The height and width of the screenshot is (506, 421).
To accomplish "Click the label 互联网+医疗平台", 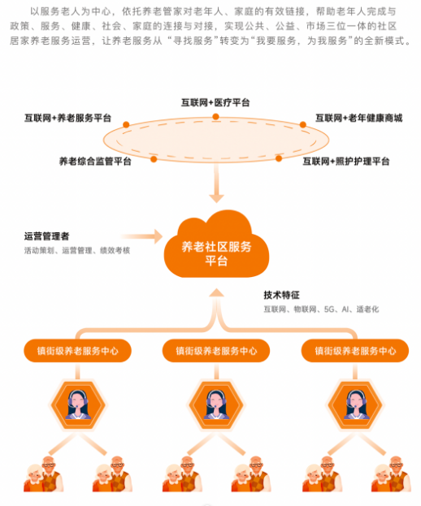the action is pyautogui.click(x=215, y=102).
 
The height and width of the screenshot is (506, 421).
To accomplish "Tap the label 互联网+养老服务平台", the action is pyautogui.click(x=67, y=118).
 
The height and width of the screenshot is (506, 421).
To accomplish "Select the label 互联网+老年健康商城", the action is pyautogui.click(x=358, y=118).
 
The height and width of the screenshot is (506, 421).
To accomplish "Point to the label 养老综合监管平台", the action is pyautogui.click(x=95, y=161).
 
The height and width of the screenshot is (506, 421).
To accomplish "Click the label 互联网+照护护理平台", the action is pyautogui.click(x=345, y=161).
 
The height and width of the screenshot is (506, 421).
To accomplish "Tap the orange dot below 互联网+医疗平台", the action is pyautogui.click(x=215, y=117).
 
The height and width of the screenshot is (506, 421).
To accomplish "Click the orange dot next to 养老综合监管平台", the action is pyautogui.click(x=154, y=159).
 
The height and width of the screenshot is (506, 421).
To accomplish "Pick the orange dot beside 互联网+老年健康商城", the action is pyautogui.click(x=303, y=124).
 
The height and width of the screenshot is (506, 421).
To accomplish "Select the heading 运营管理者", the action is pyautogui.click(x=47, y=236).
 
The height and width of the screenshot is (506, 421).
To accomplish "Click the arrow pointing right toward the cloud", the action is pyautogui.click(x=142, y=236).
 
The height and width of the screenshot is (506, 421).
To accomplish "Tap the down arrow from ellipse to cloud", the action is pyautogui.click(x=216, y=183).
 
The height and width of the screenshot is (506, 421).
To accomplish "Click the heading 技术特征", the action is pyautogui.click(x=281, y=295).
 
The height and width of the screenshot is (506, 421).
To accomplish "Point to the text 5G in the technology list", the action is pyautogui.click(x=329, y=309).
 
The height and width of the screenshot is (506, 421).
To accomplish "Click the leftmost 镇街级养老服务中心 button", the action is pyautogui.click(x=77, y=350).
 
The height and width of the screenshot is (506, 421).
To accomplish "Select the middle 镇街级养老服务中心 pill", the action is pyautogui.click(x=216, y=350).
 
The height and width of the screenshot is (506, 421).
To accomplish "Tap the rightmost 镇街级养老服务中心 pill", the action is pyautogui.click(x=355, y=350).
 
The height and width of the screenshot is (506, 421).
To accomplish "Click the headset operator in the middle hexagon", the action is pyautogui.click(x=216, y=405).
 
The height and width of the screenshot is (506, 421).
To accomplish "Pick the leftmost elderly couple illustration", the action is pyautogui.click(x=43, y=474).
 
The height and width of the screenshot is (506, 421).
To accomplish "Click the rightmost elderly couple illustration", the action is pyautogui.click(x=391, y=474).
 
